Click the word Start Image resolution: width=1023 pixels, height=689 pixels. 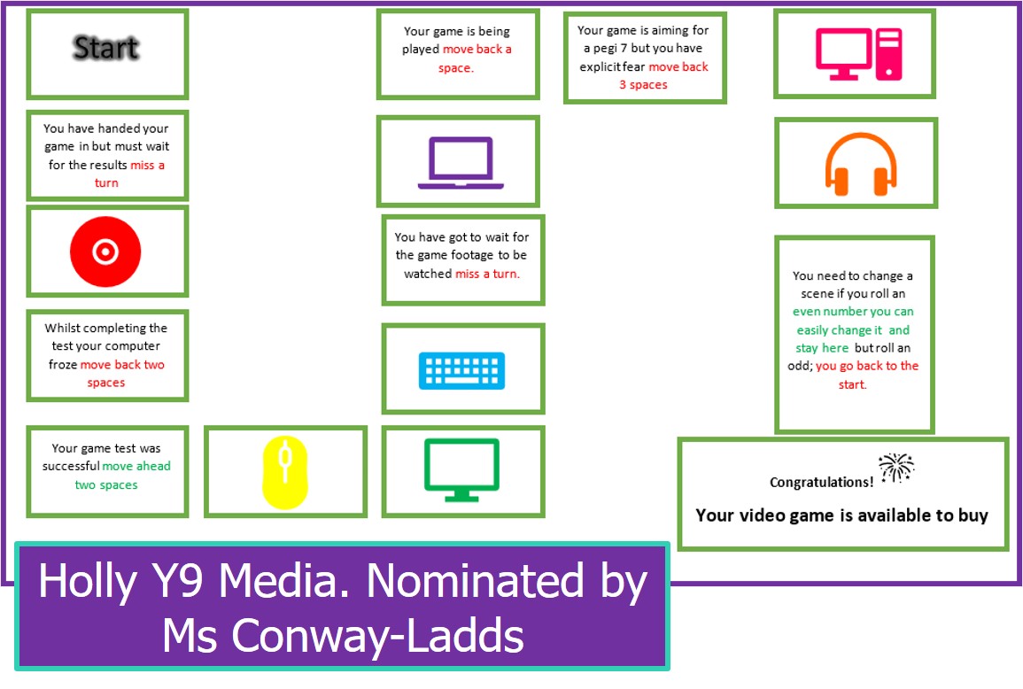pos(106,48)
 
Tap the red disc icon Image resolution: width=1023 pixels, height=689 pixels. pos(105,252)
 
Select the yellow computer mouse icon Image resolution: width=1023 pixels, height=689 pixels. pos(285,471)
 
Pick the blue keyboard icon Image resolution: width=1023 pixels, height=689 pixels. pos(461,370)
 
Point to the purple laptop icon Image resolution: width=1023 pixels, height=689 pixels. pos(460,163)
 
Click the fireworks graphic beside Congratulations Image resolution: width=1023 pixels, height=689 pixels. pos(896,468)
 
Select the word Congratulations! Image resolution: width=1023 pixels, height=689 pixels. pos(821,483)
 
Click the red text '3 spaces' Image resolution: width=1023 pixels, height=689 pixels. pos(643,85)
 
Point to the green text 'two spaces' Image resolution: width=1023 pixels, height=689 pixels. pos(106,485)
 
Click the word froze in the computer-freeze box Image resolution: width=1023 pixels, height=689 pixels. pos(63,365)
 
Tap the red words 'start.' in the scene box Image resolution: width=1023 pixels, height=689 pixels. pos(852,384)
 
